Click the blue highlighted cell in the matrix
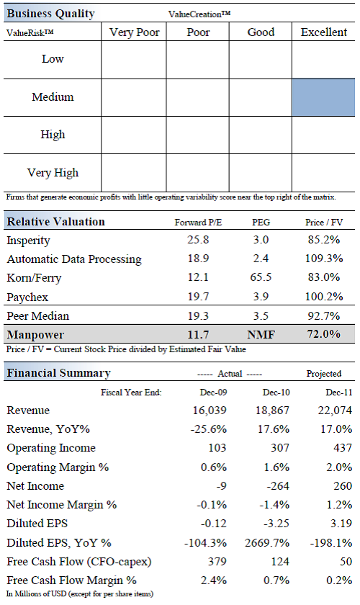323,98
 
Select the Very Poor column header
134,32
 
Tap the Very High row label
53,172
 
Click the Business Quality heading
50,14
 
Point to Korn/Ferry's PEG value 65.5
261,277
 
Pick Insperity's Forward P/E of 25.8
198,240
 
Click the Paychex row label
27,297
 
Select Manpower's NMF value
261,334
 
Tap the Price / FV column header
324,223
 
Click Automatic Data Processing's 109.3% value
324,259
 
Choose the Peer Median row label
38,316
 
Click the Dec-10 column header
276,393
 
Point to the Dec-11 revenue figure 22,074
335,410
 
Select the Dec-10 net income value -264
278,485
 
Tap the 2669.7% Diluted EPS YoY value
267,543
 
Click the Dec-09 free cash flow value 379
217,561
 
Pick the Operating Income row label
51,448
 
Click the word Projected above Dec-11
324,374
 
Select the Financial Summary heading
58,373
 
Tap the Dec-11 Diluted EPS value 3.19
341,524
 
